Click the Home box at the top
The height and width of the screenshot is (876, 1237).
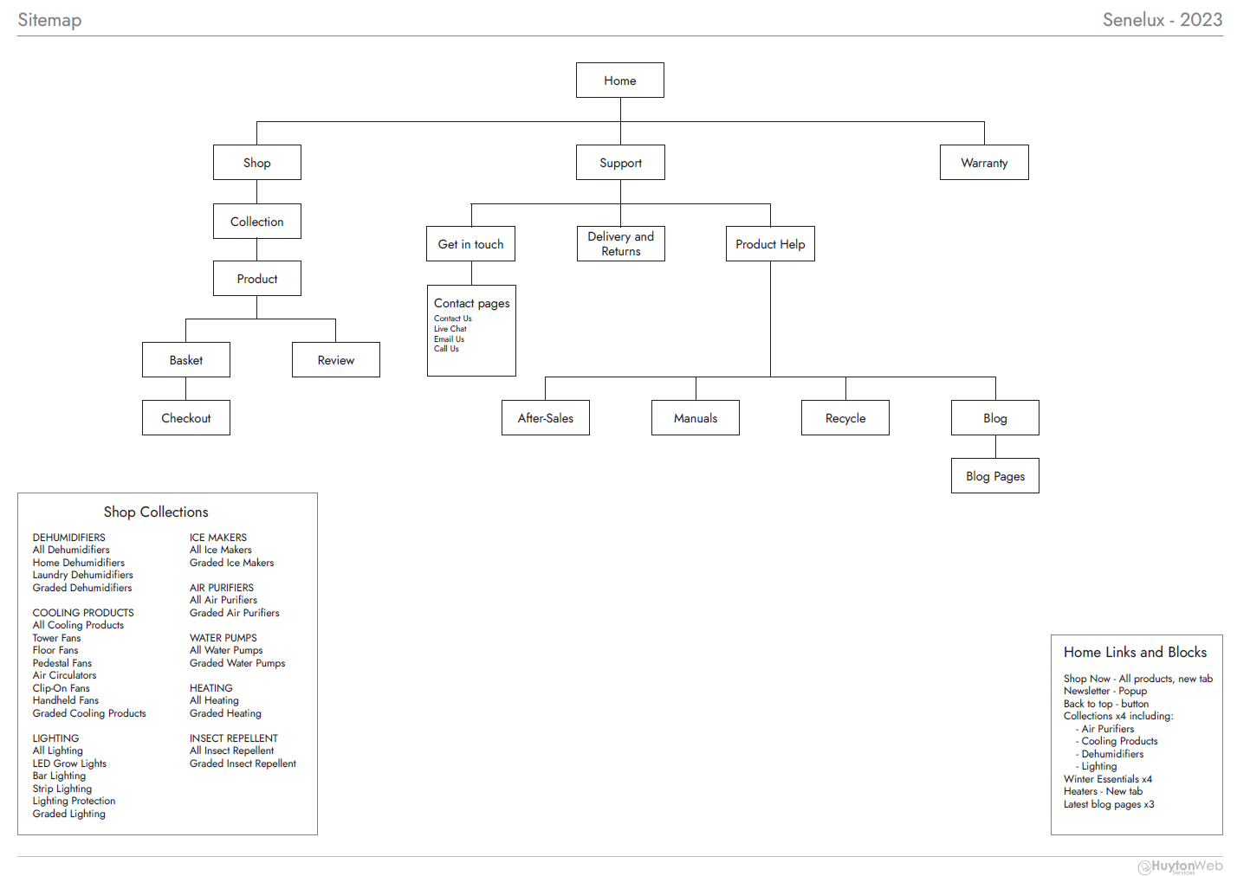[620, 81]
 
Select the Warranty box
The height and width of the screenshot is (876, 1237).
[984, 163]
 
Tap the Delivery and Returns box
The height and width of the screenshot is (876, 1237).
[621, 244]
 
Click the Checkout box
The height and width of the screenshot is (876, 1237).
[186, 418]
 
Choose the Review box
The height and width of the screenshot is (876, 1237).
[336, 360]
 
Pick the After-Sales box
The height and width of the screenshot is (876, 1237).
[546, 418]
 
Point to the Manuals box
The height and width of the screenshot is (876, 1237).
[696, 418]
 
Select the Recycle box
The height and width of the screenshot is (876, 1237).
[845, 418]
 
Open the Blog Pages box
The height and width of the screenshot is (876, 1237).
[995, 476]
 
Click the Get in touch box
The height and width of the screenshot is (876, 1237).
[471, 244]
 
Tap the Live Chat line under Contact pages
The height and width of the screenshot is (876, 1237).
[450, 329]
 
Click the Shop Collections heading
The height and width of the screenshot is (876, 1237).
[156, 512]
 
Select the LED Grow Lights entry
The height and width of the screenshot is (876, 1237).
[70, 763]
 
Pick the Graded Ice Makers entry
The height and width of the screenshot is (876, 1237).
[232, 563]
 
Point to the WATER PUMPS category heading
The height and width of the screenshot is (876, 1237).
[223, 638]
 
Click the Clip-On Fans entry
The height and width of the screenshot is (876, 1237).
[62, 688]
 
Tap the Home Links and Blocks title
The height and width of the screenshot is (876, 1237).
[1135, 653]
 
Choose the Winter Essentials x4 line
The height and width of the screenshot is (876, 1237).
[1108, 779]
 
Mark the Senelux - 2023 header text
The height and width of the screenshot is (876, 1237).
[1162, 20]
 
